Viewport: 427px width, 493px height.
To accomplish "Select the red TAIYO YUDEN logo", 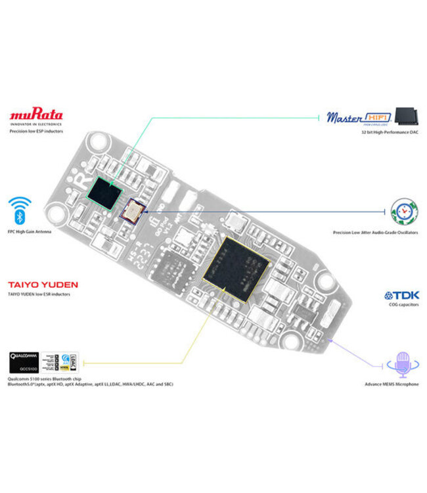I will (43, 285).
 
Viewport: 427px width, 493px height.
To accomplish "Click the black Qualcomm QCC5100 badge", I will (24, 362).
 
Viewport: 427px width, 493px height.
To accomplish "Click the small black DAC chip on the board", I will (106, 191).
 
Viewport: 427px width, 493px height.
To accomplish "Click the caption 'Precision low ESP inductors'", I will (36, 131).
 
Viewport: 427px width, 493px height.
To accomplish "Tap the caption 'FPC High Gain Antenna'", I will (30, 232).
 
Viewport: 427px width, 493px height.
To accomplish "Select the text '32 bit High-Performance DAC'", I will (390, 132).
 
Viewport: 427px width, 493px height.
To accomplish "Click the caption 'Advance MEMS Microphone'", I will (391, 385).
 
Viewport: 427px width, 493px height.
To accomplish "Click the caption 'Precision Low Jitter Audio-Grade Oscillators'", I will (375, 233).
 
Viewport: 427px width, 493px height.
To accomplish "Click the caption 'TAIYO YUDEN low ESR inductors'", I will (39, 294).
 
